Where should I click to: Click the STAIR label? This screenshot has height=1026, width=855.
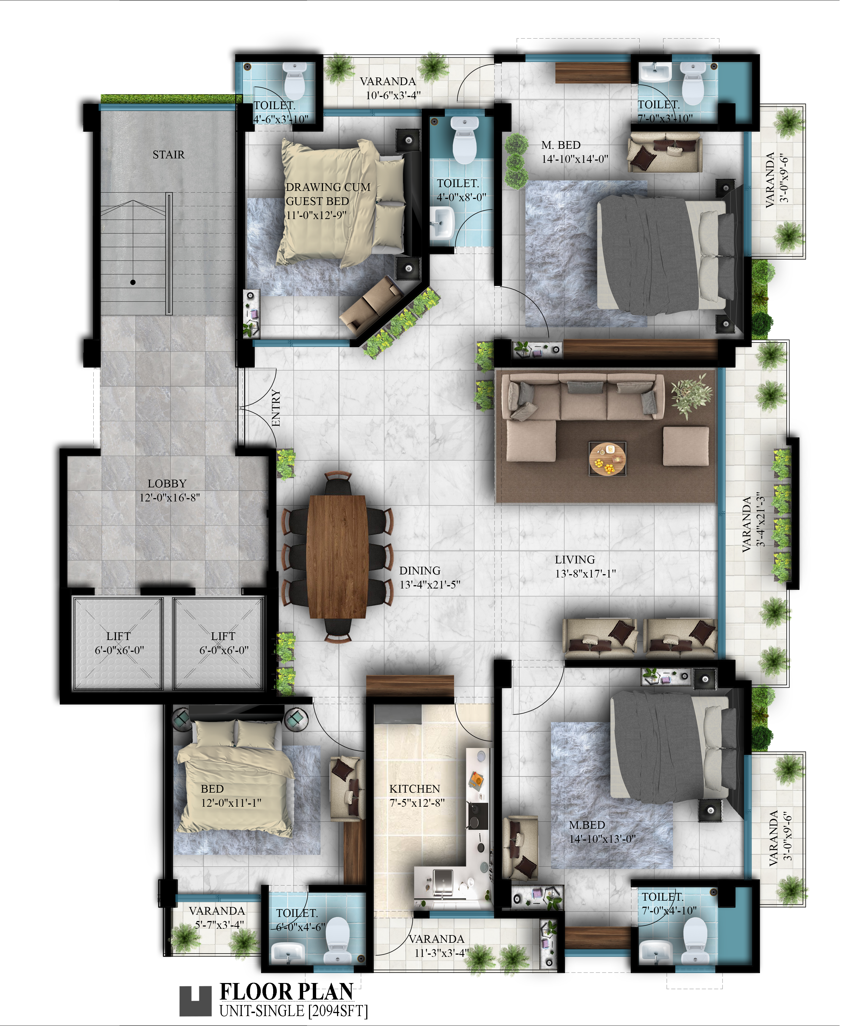point(169,155)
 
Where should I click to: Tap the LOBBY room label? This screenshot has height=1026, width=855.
point(167,484)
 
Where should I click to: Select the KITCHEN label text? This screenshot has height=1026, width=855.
point(415,789)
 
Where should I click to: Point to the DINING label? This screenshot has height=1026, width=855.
point(420,571)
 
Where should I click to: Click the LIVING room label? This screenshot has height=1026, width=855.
point(575,560)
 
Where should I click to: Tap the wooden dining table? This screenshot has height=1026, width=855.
point(337,557)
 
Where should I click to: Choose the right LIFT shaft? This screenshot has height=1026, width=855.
point(219,643)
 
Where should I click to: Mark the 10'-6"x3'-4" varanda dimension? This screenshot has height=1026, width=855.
point(393,95)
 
